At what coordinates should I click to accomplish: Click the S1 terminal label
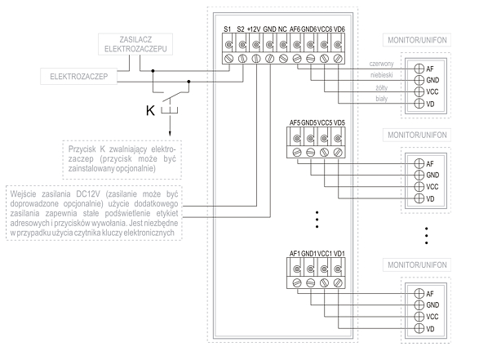coord(228,29)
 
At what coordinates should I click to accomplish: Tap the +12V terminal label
coord(254,29)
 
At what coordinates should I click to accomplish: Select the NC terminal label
coord(282,29)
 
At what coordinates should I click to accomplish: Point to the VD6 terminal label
coord(339,29)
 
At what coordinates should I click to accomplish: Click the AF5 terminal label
coord(295,122)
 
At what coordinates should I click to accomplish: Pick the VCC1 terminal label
coord(325,254)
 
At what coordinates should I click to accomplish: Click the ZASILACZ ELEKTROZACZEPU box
coord(135,44)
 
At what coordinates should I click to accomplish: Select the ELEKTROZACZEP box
coord(79,77)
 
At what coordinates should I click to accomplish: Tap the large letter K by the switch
coord(150,110)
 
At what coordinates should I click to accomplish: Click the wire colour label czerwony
coord(381,64)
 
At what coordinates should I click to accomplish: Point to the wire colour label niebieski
coord(382,75)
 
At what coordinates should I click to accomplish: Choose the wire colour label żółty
coord(382,88)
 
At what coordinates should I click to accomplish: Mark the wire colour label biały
coord(382,99)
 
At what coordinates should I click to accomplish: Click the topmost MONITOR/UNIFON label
coord(417,40)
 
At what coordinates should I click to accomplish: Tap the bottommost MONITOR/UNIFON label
coord(417,265)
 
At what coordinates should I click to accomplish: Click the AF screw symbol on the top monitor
coord(419,69)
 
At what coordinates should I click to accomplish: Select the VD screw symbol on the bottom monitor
coord(419,328)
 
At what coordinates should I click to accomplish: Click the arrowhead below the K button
coord(170,134)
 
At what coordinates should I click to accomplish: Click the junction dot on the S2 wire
coord(188,82)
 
